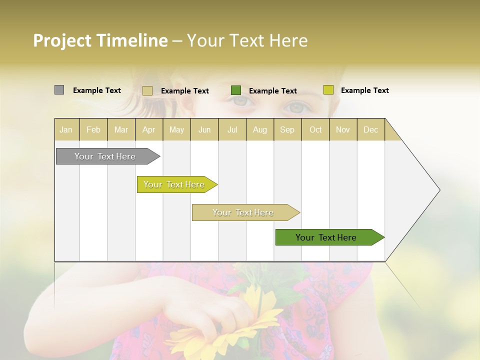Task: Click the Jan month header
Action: (x=66, y=129)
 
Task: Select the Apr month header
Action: (x=149, y=129)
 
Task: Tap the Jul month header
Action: (x=232, y=129)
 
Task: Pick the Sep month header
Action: (x=287, y=129)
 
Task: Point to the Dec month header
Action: (x=371, y=129)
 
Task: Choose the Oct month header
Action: (x=315, y=129)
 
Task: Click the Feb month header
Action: (x=93, y=129)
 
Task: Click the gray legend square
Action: (x=59, y=90)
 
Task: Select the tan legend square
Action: (x=147, y=90)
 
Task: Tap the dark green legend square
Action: (x=236, y=90)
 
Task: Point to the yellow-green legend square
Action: (x=328, y=90)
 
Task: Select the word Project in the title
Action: (x=62, y=40)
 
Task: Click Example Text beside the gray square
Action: (x=97, y=90)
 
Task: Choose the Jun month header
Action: (x=204, y=129)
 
